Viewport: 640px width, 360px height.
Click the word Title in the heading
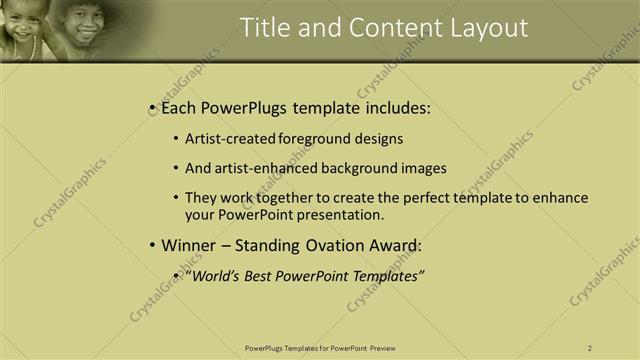(265, 28)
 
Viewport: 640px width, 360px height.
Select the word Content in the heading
(381, 28)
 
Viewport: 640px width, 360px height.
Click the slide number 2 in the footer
(590, 348)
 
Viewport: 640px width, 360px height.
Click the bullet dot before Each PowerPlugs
(151, 108)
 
